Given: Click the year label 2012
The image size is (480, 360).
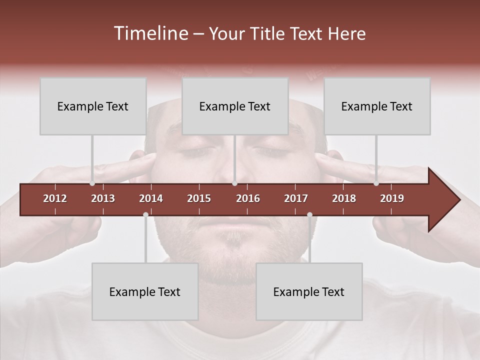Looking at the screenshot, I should (x=55, y=198).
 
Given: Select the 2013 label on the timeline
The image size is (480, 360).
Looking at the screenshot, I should (x=103, y=198).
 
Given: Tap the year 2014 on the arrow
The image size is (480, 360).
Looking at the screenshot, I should (x=151, y=198).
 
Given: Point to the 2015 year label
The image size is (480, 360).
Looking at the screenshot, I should (x=199, y=198).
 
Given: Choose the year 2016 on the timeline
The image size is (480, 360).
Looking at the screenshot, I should (x=248, y=198).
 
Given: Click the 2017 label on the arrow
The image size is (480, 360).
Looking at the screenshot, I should (x=296, y=198).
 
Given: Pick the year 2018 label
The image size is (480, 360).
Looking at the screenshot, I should (x=344, y=198).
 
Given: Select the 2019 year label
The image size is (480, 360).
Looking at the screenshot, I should (x=392, y=198).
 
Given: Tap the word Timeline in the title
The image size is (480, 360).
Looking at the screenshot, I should (x=150, y=33).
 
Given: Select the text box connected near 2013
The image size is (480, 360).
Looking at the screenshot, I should (x=93, y=106).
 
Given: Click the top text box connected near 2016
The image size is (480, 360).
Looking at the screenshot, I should (x=235, y=106).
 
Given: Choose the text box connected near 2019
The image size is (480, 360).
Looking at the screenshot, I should (x=377, y=106).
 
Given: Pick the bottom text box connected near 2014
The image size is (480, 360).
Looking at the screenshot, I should (x=145, y=291).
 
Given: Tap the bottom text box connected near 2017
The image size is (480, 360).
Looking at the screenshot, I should (x=309, y=291).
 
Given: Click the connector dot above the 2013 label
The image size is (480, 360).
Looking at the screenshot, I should (x=92, y=183).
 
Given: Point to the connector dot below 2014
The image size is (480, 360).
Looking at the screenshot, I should (x=145, y=214).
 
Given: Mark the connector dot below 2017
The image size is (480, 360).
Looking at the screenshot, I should (x=309, y=214).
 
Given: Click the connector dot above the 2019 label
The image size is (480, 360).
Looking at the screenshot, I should (x=376, y=183).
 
